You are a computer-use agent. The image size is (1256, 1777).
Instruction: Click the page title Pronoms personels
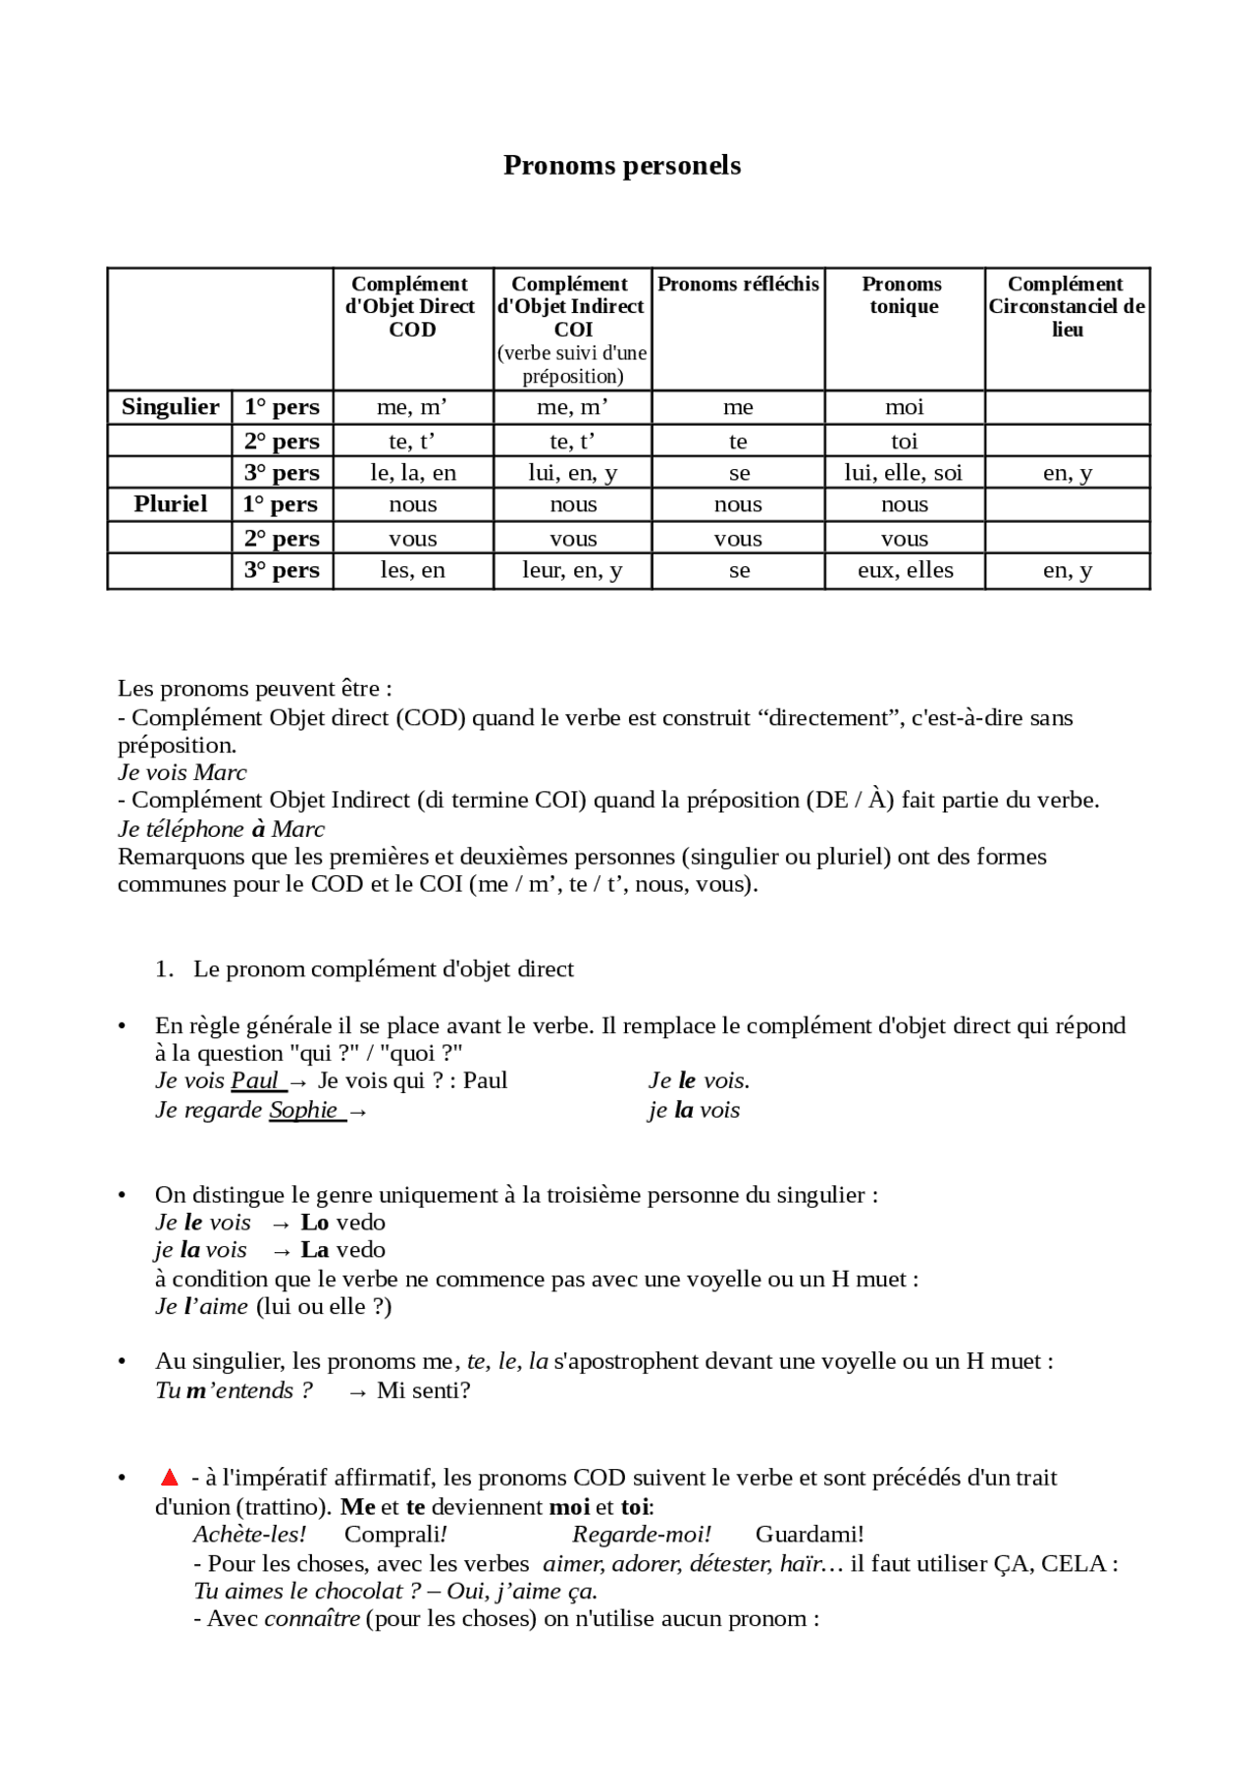622,165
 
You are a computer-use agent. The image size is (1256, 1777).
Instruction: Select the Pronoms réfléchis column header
738,285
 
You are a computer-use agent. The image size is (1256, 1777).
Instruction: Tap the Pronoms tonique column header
903,295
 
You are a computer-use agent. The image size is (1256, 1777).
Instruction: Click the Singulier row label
170,406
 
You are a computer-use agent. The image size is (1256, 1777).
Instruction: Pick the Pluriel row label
170,504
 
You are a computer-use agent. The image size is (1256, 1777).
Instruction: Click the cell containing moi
904,407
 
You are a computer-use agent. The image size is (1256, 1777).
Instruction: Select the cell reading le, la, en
413,473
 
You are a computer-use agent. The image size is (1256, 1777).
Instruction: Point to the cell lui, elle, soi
904,473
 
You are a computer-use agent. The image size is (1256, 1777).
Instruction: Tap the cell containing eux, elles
905,570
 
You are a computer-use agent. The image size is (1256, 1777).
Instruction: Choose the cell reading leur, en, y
573,570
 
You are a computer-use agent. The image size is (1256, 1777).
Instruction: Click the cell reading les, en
413,570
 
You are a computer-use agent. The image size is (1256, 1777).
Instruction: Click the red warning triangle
170,1478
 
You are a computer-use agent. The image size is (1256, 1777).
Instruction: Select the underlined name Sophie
304,1110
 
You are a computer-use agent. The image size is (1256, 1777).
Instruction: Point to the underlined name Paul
255,1080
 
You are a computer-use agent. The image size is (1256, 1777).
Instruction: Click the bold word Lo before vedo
314,1223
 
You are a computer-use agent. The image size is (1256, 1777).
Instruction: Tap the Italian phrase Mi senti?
423,1390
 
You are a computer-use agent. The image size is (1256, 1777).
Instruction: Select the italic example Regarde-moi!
642,1535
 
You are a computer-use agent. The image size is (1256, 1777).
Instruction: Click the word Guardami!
810,1535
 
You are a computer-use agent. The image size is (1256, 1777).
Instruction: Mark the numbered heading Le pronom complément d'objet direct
383,969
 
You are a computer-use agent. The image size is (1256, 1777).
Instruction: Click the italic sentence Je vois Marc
183,772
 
